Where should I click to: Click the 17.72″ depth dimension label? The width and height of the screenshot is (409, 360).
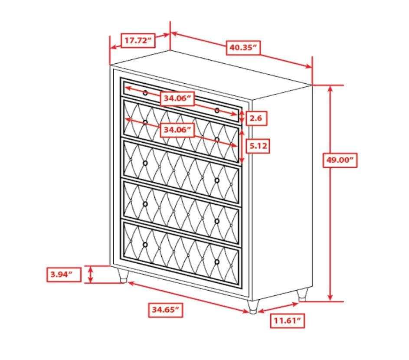pyautogui.click(x=138, y=40)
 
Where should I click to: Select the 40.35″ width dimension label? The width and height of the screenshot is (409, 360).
pyautogui.click(x=243, y=47)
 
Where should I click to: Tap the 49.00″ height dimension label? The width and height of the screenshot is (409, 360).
pyautogui.click(x=340, y=160)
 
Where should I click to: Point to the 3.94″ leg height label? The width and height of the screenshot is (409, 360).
pyautogui.click(x=64, y=274)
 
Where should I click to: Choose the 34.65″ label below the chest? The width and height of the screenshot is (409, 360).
pyautogui.click(x=166, y=310)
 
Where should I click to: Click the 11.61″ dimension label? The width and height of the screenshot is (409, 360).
pyautogui.click(x=288, y=321)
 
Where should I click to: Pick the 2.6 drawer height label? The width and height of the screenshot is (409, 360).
pyautogui.click(x=256, y=118)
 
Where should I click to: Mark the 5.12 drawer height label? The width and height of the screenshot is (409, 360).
pyautogui.click(x=258, y=146)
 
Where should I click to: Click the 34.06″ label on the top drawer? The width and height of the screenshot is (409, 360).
pyautogui.click(x=177, y=98)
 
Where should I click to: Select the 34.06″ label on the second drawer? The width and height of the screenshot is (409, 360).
pyautogui.click(x=177, y=129)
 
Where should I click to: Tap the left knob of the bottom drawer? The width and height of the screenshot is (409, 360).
pyautogui.click(x=145, y=245)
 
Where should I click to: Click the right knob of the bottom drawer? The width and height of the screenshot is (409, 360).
pyautogui.click(x=217, y=262)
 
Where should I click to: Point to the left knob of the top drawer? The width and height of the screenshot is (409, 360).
pyautogui.click(x=145, y=93)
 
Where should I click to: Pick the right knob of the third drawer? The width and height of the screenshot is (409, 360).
pyautogui.click(x=217, y=180)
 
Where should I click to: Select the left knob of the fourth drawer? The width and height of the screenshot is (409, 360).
pyautogui.click(x=145, y=204)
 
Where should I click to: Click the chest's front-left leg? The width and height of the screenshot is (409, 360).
pyautogui.click(x=123, y=276)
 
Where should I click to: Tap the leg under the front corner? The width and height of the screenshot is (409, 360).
pyautogui.click(x=253, y=307)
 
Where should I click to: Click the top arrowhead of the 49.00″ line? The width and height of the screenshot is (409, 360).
pyautogui.click(x=330, y=88)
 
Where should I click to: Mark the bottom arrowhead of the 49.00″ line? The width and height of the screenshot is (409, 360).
pyautogui.click(x=330, y=298)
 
